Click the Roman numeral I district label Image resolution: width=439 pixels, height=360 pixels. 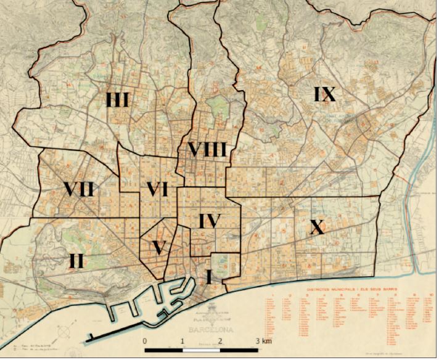pos(209,277)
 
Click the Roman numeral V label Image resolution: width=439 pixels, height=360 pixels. pos(160,247)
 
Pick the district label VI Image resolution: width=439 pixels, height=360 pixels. pos(157,190)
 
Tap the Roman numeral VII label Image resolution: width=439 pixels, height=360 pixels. pos(78,189)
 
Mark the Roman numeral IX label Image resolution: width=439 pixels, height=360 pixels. pos(324,94)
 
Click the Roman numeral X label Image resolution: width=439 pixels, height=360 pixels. pos(317,228)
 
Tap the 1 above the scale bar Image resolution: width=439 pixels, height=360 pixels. pos(183,341)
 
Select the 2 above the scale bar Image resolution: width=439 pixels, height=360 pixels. pos(220,341)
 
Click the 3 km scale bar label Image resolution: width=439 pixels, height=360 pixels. pos(263,341)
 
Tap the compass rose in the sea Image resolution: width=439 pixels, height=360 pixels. pos(64,332)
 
